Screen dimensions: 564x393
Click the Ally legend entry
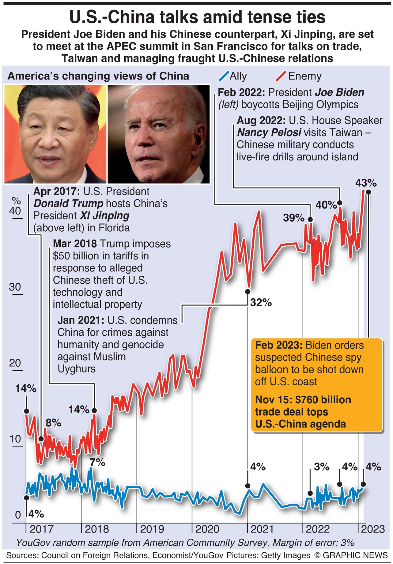(x=233, y=76)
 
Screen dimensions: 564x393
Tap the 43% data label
(x=366, y=183)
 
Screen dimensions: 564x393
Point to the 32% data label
(x=261, y=302)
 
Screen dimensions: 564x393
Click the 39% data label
(x=293, y=218)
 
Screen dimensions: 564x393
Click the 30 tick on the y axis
(x=15, y=287)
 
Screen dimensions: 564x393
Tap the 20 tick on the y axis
(x=15, y=363)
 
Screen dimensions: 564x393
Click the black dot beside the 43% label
(x=368, y=192)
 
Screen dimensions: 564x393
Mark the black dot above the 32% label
(x=248, y=291)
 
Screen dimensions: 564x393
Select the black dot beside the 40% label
(x=339, y=203)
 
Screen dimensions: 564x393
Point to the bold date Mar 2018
(x=75, y=244)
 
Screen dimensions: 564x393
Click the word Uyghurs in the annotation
(x=77, y=369)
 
